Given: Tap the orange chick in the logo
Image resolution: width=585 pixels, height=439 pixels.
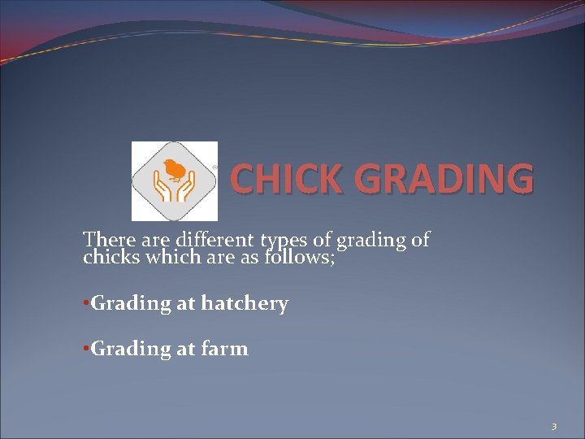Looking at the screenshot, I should (x=173, y=170).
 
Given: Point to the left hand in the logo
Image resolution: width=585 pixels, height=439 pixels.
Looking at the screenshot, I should (x=162, y=190).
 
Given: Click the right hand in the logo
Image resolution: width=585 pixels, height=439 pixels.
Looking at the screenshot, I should (x=185, y=190).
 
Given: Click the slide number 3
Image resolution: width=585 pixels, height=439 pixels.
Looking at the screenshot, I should (x=553, y=426).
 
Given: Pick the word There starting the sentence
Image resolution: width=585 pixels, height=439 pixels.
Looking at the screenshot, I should (x=106, y=240).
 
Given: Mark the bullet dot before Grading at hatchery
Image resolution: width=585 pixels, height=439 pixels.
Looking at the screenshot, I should (x=86, y=304).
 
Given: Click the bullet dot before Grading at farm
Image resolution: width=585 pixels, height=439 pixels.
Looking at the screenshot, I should (x=86, y=349).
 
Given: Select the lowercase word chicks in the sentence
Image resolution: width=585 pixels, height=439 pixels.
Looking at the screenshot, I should (x=110, y=258).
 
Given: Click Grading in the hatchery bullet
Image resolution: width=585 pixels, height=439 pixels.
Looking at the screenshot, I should (x=131, y=304).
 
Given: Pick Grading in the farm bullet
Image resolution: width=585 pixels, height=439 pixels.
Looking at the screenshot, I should (x=131, y=350).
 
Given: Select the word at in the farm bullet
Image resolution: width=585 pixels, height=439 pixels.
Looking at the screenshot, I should (x=186, y=350).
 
